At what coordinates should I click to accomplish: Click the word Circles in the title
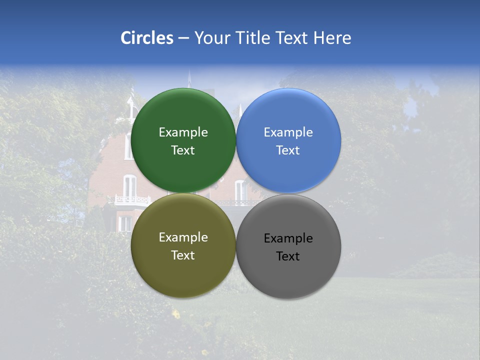click(x=147, y=38)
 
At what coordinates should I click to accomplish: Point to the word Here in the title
click(x=332, y=38)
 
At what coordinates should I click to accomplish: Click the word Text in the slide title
click(x=292, y=38)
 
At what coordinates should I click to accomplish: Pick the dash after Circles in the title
click(x=183, y=38)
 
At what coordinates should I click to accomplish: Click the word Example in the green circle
click(x=183, y=132)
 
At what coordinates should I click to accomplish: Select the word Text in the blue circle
click(x=288, y=150)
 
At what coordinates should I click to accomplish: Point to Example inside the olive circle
click(x=183, y=237)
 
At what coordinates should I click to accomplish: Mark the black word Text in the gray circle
click(x=288, y=256)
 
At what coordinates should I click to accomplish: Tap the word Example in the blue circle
click(x=288, y=132)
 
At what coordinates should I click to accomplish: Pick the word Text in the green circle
click(x=183, y=150)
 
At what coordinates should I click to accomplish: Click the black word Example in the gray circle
click(x=288, y=238)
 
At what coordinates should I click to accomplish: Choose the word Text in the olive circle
click(x=183, y=255)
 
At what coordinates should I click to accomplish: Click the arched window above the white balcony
click(x=129, y=185)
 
